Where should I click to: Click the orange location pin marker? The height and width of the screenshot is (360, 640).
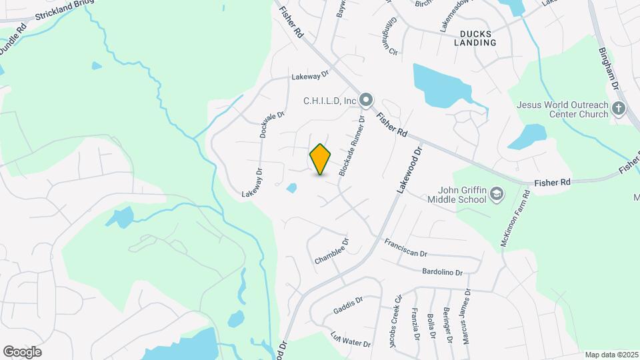320,159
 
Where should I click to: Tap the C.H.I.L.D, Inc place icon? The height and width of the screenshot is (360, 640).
365,101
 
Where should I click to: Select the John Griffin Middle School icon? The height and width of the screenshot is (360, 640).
496,194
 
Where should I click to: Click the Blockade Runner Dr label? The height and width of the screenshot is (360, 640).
352,147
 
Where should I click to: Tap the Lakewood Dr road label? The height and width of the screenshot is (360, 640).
410,171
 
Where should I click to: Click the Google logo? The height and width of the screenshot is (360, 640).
22,351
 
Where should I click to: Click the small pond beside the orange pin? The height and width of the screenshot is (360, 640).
291,189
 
